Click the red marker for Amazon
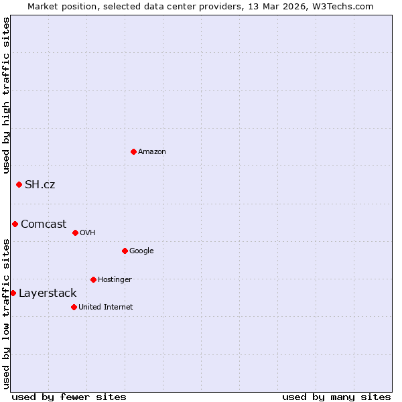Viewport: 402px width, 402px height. pyautogui.click(x=133, y=151)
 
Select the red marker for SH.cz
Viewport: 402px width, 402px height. pyautogui.click(x=19, y=184)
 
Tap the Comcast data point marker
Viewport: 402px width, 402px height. pyautogui.click(x=15, y=224)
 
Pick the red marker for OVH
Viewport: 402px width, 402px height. pyautogui.click(x=75, y=232)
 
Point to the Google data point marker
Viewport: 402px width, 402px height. pyautogui.click(x=125, y=251)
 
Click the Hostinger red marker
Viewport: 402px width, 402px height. pyautogui.click(x=93, y=279)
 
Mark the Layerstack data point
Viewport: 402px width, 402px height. pyautogui.click(x=13, y=293)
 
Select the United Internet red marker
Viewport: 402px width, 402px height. pyautogui.click(x=74, y=307)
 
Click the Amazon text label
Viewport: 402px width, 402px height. pyautogui.click(x=152, y=151)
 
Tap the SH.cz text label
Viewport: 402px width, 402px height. pyautogui.click(x=40, y=184)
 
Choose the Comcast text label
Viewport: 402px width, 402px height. pyautogui.click(x=44, y=224)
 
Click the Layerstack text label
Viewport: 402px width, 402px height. pyautogui.click(x=48, y=293)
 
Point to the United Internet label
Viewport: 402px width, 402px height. pyautogui.click(x=106, y=307)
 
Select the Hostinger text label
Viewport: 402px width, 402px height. pyautogui.click(x=115, y=279)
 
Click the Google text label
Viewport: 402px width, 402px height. pyautogui.click(x=141, y=251)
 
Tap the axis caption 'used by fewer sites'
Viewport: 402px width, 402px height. pyautogui.click(x=69, y=397)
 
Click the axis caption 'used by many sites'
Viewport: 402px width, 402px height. pyautogui.click(x=336, y=397)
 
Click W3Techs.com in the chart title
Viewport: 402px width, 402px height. pyautogui.click(x=340, y=6)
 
